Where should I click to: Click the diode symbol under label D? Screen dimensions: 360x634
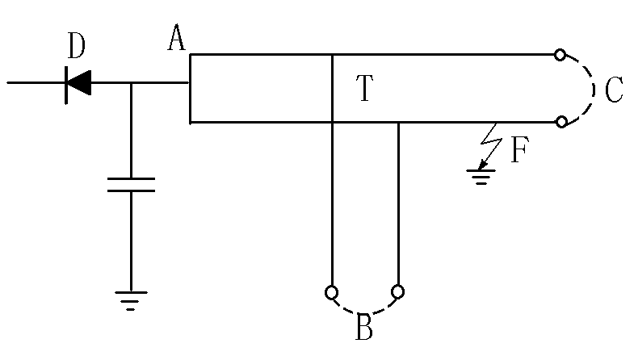click(78, 82)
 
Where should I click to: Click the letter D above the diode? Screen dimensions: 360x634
click(77, 48)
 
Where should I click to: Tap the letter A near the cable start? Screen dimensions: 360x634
click(177, 38)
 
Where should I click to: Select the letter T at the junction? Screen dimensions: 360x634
click(365, 89)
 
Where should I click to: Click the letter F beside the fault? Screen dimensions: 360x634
click(519, 151)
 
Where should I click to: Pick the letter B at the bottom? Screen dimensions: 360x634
click(363, 329)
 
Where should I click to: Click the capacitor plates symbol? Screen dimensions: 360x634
click(131, 185)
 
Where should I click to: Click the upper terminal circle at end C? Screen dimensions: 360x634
click(559, 55)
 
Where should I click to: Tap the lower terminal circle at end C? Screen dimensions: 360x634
click(559, 122)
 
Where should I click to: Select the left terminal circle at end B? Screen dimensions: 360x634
click(331, 291)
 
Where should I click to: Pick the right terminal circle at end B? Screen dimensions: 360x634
click(397, 291)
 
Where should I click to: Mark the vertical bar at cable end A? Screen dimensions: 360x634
click(191, 88)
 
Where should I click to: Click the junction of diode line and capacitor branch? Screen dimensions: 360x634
click(131, 82)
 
